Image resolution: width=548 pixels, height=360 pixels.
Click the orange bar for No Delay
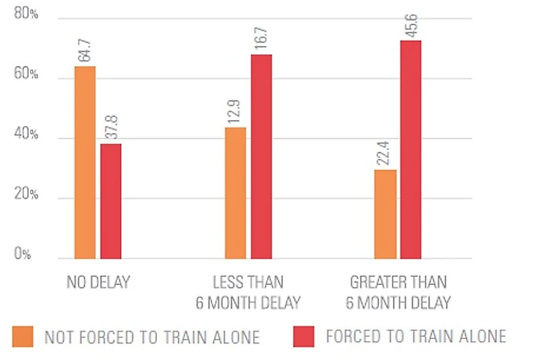point(85,162)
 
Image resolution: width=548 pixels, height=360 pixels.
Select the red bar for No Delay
point(110,201)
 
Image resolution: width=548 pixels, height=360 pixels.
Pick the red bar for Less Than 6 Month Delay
point(261,156)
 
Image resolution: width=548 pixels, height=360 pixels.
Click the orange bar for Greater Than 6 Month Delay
point(385,214)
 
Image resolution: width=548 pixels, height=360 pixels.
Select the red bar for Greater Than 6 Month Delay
point(411,149)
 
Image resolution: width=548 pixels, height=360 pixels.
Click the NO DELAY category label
point(98,283)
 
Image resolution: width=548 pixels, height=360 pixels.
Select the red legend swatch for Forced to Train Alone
point(303,336)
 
